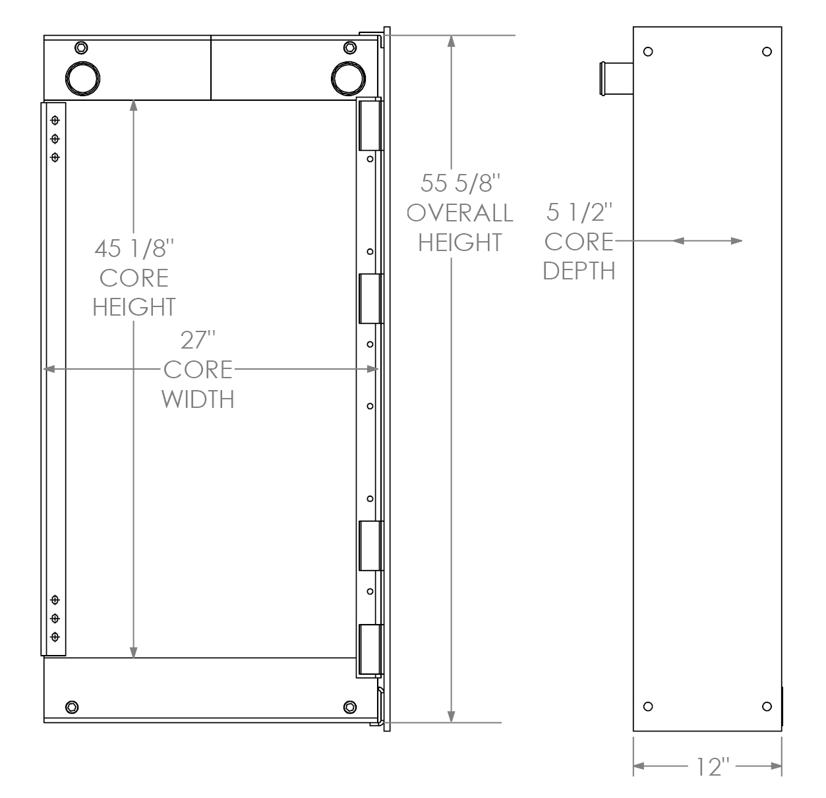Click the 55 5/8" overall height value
coord(457,183)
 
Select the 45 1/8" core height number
coord(134,249)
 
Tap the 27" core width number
coord(198,341)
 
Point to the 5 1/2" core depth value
coord(580,212)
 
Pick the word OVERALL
coord(459,213)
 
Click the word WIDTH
coord(198,399)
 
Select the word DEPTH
coord(579,271)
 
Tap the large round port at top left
coord(83,78)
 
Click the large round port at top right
coord(348,78)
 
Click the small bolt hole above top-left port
coord(81,47)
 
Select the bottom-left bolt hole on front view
coord(72,707)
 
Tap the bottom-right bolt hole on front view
coord(349,707)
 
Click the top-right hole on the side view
coord(766,52)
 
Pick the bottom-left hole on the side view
coord(648,706)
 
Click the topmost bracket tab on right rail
coord(370,125)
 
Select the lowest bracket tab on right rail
coord(370,649)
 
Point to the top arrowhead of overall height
coord(452,40)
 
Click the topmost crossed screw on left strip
coord(55,120)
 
